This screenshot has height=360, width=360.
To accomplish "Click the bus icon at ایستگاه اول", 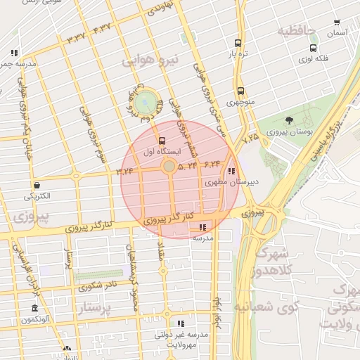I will [x=162, y=141].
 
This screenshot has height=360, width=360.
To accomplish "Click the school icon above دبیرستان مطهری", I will [x=232, y=171].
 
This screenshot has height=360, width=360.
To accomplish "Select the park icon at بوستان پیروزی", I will [x=289, y=121].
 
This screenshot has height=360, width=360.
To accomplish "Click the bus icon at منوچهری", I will [x=240, y=91].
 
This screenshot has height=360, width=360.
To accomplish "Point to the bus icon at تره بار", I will [x=238, y=43].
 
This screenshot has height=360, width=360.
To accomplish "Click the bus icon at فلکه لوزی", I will [x=313, y=49].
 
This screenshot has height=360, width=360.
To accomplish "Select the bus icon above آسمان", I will [x=337, y=23].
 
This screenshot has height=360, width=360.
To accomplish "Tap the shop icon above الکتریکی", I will [x=36, y=185].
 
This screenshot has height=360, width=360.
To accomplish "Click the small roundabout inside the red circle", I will [x=169, y=166].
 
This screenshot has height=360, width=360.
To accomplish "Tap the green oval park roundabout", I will [x=146, y=103].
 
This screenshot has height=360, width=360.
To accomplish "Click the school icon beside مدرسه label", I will [x=203, y=227].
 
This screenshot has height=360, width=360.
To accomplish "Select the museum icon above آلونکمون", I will [x=34, y=309].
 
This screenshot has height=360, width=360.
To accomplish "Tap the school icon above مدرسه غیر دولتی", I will [x=181, y=324].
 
